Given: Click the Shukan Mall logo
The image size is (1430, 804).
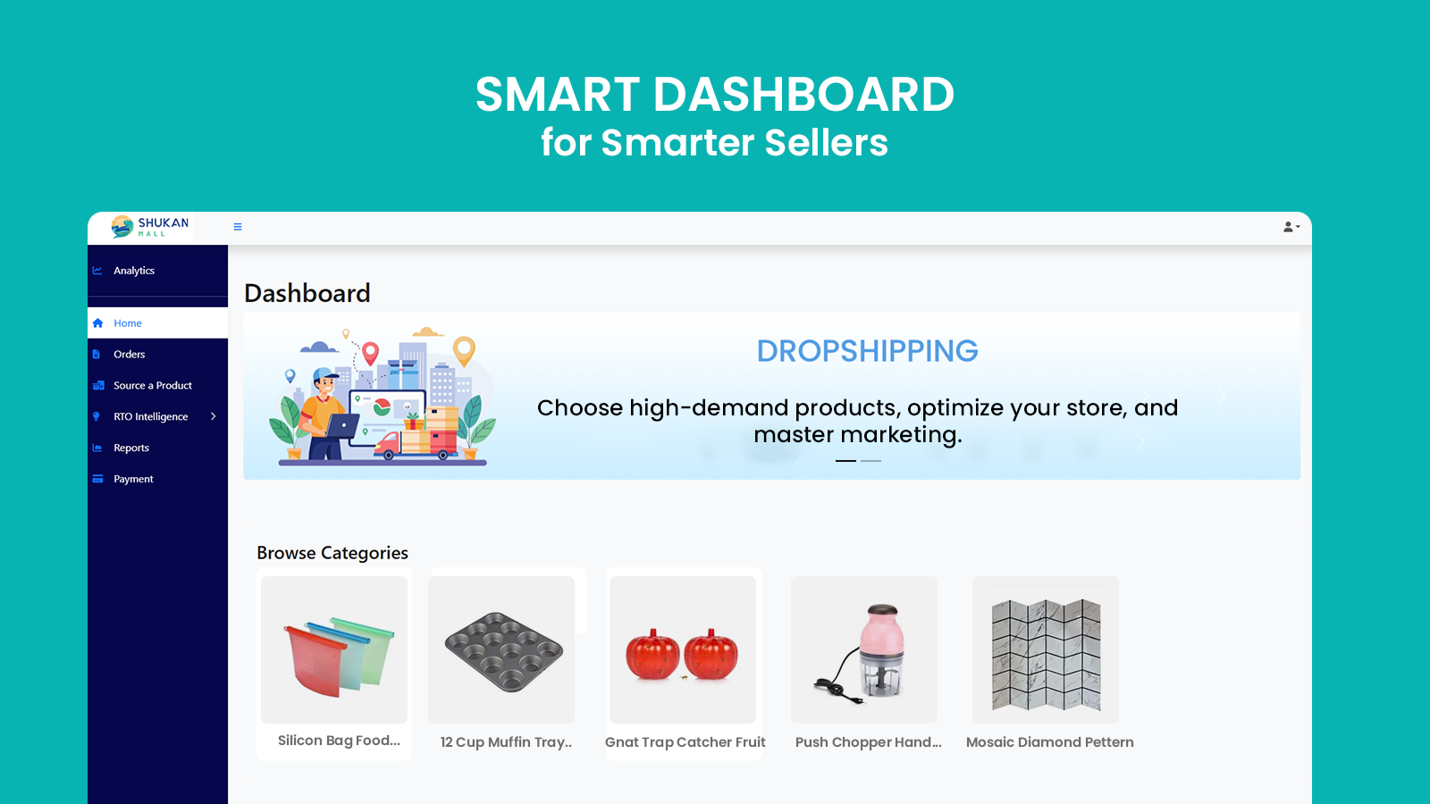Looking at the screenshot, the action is [150, 227].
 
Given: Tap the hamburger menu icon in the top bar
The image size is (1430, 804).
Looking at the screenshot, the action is [238, 227].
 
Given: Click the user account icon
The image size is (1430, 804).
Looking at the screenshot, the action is [1291, 227].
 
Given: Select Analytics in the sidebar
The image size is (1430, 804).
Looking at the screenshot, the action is [133, 271].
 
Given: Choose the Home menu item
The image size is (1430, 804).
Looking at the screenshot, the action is [127, 322].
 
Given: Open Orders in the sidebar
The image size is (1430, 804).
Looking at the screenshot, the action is [129, 354].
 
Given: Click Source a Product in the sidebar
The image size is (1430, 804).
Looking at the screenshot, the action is [153, 385].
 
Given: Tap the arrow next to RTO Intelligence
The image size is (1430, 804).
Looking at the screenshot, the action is [214, 416].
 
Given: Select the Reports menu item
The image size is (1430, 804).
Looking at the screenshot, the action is [130, 448].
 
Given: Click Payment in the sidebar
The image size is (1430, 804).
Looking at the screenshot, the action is [133, 479].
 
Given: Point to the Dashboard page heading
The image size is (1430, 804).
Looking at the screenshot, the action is [307, 293].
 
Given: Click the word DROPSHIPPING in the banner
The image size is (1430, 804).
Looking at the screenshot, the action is [867, 350].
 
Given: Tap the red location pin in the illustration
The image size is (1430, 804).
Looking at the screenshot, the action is [370, 352].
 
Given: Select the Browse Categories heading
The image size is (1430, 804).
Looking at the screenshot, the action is [332, 553].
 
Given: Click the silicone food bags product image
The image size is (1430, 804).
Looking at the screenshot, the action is [334, 649].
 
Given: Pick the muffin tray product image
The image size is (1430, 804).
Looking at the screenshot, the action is [501, 649].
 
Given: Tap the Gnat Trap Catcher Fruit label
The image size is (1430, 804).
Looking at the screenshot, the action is [685, 742].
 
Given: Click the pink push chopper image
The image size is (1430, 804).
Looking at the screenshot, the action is [864, 649].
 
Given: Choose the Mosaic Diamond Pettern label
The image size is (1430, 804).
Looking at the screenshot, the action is [1049, 742].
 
